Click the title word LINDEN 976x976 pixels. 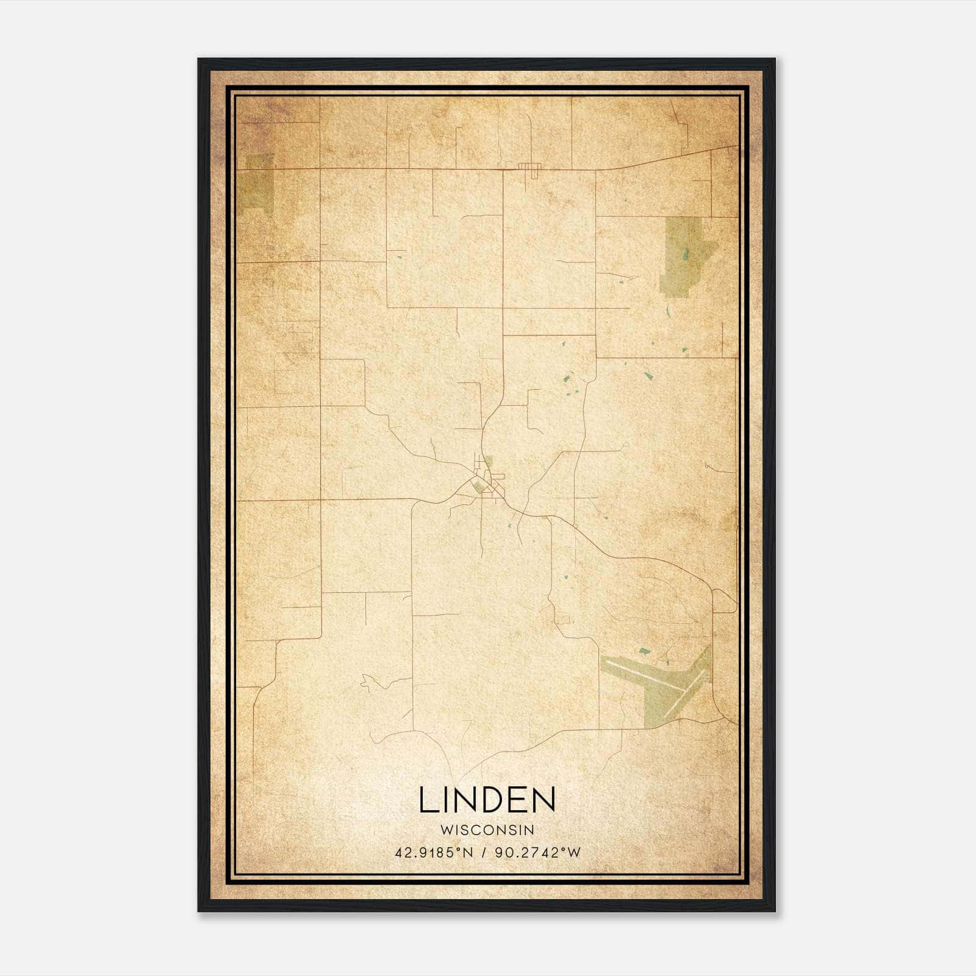487,800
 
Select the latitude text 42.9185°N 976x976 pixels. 434,853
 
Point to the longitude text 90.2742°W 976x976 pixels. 537,853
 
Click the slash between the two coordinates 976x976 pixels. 484,853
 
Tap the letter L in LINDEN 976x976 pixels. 428,800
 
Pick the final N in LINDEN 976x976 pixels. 543,800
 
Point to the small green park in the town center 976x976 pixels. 478,486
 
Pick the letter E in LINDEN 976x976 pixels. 516,800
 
